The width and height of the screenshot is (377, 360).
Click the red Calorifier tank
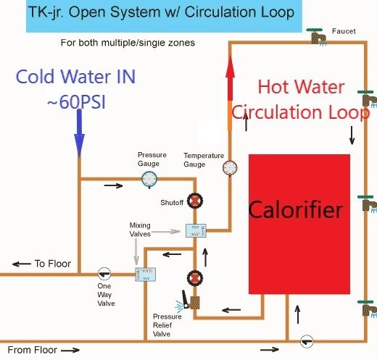tap(299, 224)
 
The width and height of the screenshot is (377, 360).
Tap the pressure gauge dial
tap(149, 179)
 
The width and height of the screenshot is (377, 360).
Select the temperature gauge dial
tap(230, 167)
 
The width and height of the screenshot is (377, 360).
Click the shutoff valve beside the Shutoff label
tap(195, 201)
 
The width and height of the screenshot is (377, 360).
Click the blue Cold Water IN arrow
tap(79, 133)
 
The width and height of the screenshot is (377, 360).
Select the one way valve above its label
tap(104, 274)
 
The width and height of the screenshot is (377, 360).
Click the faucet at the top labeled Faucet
tap(316, 36)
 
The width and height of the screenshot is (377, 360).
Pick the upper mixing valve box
tap(196, 230)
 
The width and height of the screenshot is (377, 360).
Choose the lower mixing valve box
tap(145, 275)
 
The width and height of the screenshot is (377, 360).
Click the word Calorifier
tap(295, 210)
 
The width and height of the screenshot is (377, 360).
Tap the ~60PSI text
tap(76, 102)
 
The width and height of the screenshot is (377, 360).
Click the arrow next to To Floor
tap(21, 264)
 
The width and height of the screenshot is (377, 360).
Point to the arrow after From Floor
tap(70, 350)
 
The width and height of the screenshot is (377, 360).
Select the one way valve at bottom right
tap(307, 342)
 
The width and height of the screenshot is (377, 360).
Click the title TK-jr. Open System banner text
tap(161, 12)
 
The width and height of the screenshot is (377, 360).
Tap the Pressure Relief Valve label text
tap(167, 325)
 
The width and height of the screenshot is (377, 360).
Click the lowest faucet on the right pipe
tap(368, 309)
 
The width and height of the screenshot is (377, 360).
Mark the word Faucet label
tap(344, 31)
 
